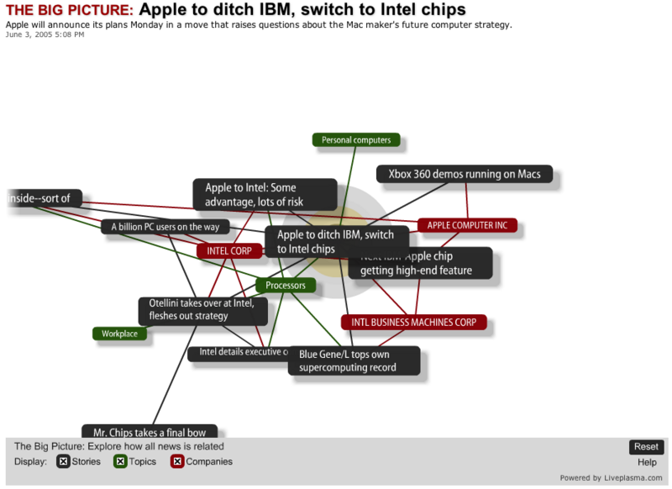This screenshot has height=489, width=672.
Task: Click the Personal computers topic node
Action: (x=356, y=140)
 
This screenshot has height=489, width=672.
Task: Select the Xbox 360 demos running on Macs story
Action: (x=465, y=175)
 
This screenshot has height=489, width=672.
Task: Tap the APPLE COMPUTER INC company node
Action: (x=467, y=225)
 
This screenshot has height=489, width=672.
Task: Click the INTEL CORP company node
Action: (x=229, y=250)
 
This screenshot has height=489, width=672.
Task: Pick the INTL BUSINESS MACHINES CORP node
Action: (x=413, y=322)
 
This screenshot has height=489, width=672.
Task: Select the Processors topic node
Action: (x=286, y=286)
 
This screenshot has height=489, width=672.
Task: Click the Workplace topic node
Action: (x=119, y=334)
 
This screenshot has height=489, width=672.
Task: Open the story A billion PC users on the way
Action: (x=165, y=227)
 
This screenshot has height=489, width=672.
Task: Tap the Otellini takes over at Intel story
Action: (x=202, y=309)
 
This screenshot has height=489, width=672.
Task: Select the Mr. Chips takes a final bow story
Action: (x=150, y=432)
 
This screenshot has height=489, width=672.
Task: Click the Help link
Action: (x=647, y=462)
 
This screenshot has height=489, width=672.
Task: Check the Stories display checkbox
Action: (x=63, y=461)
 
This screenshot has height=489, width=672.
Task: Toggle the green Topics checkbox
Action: (x=120, y=461)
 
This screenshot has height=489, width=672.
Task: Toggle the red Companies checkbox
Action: (x=177, y=461)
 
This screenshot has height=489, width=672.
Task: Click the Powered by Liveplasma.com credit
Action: (x=616, y=478)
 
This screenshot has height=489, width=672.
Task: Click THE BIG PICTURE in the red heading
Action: (x=69, y=11)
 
